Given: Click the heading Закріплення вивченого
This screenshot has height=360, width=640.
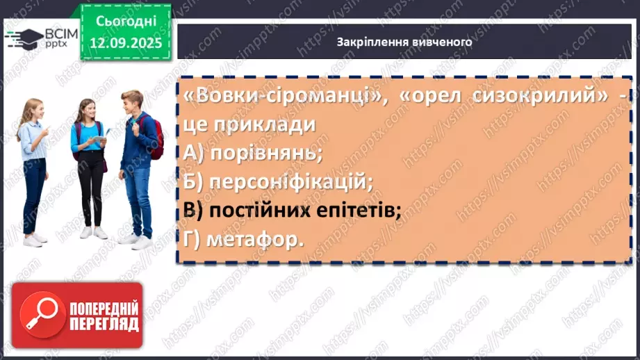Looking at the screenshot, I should [404, 42].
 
